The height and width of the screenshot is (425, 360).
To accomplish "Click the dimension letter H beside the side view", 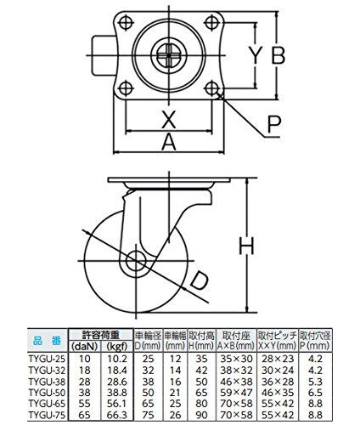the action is point(247,246).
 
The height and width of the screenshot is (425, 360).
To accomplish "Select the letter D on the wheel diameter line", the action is point(199,280).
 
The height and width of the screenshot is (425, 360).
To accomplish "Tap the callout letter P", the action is point(273,124).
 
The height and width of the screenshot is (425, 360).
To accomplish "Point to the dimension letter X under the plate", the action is point(168,119).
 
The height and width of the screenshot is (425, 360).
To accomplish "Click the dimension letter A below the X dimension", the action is point(169,142).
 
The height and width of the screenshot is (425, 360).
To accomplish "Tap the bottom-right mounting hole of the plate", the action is point(211,88).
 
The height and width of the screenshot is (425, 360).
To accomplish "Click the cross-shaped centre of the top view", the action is point(169,55).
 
